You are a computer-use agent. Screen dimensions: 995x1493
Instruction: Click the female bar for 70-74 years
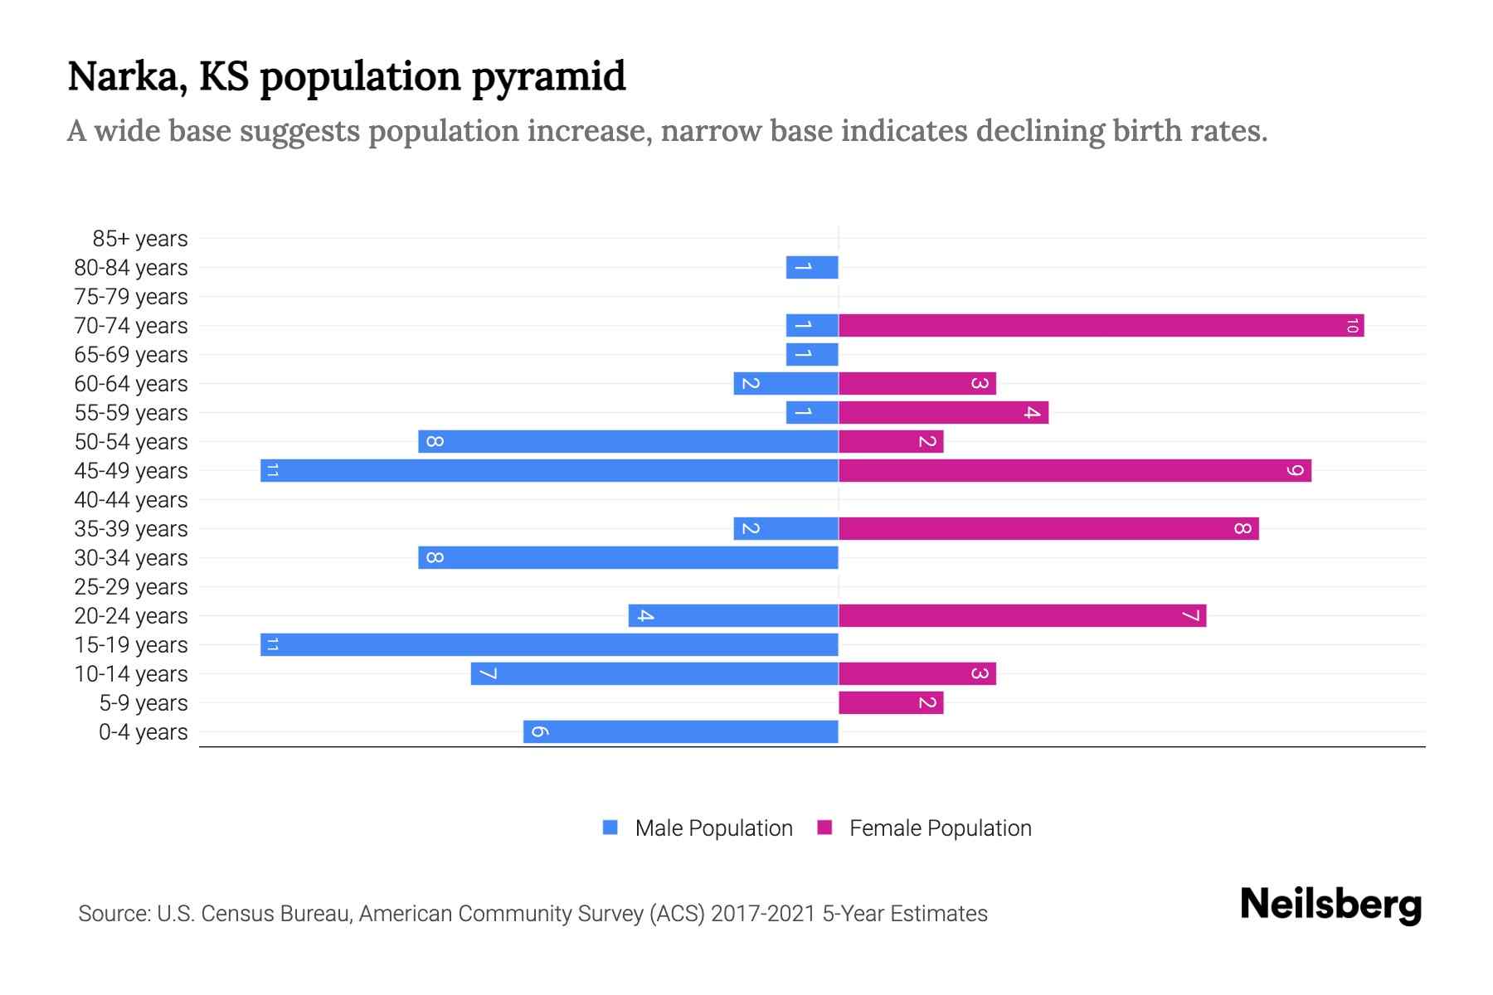tap(1101, 325)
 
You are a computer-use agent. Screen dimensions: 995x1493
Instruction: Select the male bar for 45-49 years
tap(549, 470)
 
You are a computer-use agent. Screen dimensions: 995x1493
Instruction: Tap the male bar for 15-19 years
tap(549, 644)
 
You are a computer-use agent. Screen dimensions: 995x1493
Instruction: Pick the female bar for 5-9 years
tap(891, 702)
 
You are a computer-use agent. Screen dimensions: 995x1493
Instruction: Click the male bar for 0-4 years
tap(680, 731)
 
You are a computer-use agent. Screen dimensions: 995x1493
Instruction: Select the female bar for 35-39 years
tap(1048, 528)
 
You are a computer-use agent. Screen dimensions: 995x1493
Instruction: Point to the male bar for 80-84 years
tap(812, 267)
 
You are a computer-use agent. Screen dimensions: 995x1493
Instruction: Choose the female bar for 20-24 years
tap(1022, 615)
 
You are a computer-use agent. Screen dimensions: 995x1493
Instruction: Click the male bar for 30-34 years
tap(628, 557)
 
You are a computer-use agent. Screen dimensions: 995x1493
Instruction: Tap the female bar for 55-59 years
tap(943, 412)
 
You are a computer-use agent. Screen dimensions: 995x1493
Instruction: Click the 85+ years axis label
tap(140, 239)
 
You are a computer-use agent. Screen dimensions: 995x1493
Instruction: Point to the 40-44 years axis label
tap(131, 500)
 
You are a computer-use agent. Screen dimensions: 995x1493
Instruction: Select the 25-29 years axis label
tap(131, 587)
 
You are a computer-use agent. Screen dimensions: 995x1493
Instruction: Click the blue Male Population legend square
tap(610, 828)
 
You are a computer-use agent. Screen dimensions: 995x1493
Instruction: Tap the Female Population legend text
tap(940, 828)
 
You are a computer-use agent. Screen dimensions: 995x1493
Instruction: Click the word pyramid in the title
tap(548, 77)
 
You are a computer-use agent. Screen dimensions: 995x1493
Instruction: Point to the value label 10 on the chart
tap(1352, 326)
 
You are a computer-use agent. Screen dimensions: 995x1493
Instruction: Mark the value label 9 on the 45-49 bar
tap(1295, 471)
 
